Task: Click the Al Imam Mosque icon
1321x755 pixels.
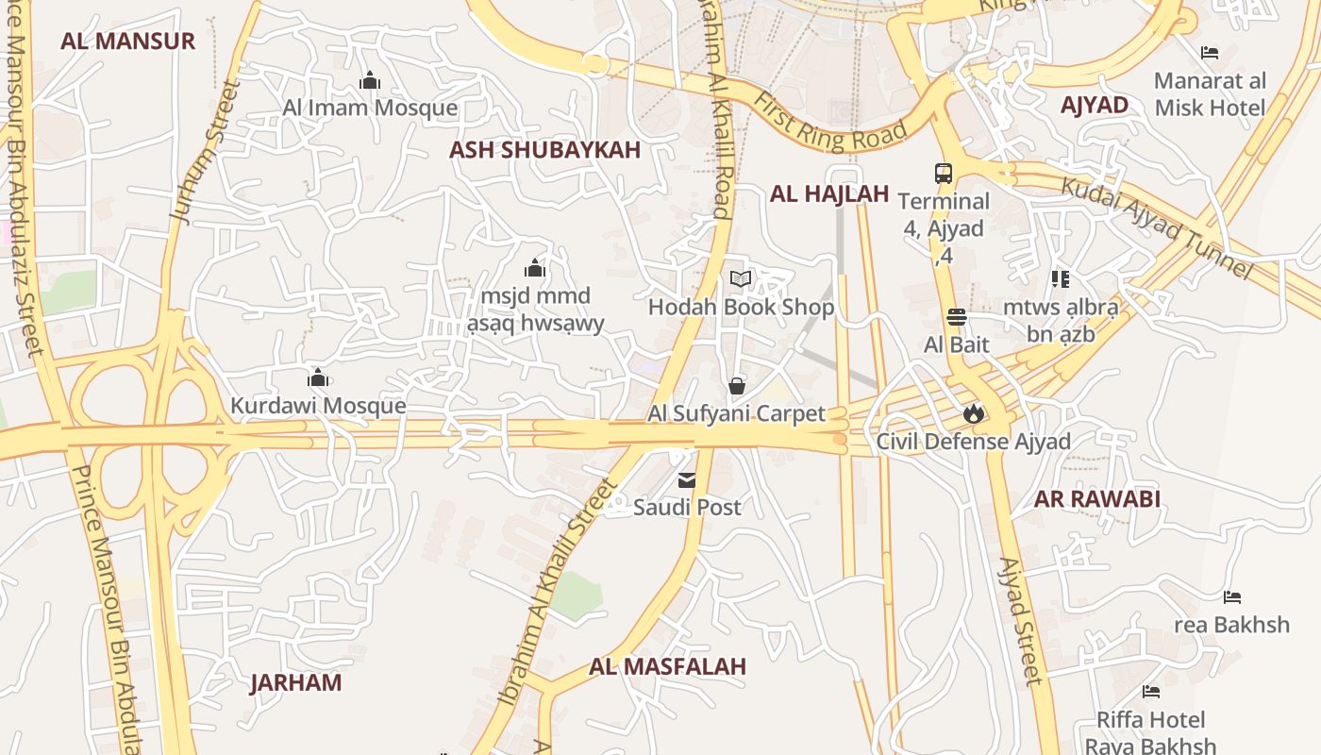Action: pos(370,81)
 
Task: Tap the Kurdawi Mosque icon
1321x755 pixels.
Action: pos(318,378)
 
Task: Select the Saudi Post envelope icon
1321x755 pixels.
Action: pos(687,480)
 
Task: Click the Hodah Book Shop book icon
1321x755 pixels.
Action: pos(741,279)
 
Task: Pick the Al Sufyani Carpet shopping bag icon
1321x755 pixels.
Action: pos(736,386)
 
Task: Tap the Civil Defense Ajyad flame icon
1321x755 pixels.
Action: pos(973,413)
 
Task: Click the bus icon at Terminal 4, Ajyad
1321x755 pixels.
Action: pos(944,174)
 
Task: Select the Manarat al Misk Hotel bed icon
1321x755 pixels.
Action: pos(1210,53)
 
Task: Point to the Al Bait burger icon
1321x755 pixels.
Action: pos(957,317)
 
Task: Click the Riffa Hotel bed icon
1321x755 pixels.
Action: pos(1150,692)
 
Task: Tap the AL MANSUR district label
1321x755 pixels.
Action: pos(127,41)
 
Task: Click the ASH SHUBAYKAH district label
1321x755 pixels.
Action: pos(544,149)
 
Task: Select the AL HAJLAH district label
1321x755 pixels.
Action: pos(829,194)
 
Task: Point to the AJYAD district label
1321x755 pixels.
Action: pos(1095,105)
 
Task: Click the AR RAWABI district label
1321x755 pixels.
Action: pos(1097,498)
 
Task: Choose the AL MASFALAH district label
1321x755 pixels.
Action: pos(667,666)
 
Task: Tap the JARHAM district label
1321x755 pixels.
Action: pos(295,682)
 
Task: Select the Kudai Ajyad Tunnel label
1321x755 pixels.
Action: pos(1157,226)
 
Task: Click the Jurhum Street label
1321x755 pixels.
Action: pos(206,151)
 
